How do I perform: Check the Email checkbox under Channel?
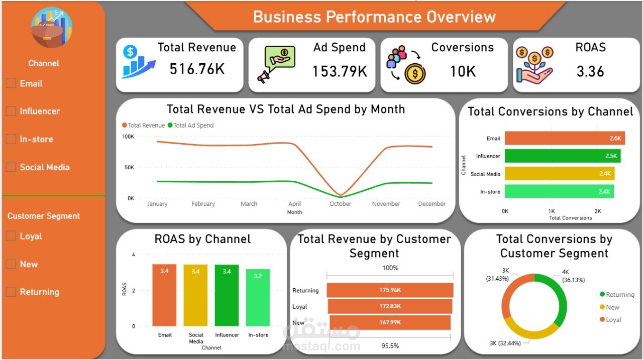click(11, 83)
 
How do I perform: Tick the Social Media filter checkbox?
click(11, 167)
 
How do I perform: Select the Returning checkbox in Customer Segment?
click(11, 292)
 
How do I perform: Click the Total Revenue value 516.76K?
click(197, 69)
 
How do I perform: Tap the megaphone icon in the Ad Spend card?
click(263, 76)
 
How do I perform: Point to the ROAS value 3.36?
click(590, 71)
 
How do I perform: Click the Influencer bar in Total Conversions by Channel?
click(562, 156)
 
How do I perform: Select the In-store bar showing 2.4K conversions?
click(559, 191)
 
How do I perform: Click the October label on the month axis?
click(340, 204)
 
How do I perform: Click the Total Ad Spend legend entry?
click(191, 126)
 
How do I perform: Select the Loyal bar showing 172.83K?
click(390, 306)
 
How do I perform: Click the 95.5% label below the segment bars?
click(390, 346)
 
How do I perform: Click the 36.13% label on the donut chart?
click(573, 280)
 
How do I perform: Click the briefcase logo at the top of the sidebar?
click(52, 28)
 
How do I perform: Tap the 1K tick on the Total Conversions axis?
click(552, 211)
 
